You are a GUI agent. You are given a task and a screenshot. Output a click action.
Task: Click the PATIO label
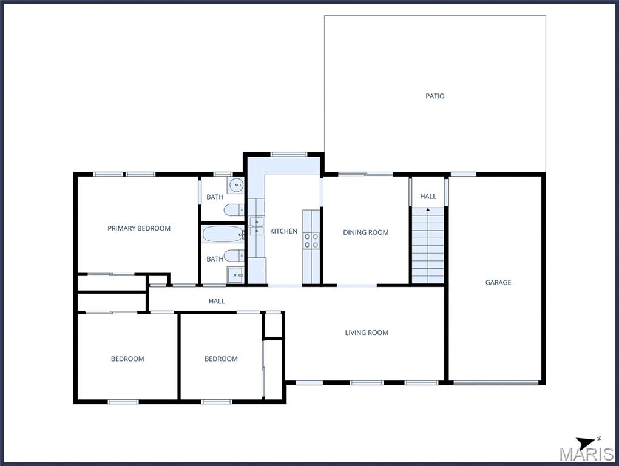[435, 96]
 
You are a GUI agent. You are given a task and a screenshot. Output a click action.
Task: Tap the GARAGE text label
[498, 282]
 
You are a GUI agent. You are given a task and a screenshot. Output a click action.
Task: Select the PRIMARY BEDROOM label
[139, 228]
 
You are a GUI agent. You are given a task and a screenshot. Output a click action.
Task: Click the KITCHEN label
[283, 231]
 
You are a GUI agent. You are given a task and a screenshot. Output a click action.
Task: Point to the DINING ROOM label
[365, 232]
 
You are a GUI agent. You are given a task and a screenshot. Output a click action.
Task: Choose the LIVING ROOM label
[367, 333]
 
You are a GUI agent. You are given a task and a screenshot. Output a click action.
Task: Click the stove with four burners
[311, 241]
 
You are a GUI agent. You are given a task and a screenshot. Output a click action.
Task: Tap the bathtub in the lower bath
[223, 234]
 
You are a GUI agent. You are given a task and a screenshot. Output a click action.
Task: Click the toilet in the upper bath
[234, 210]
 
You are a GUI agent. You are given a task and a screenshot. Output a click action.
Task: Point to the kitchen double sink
[257, 226]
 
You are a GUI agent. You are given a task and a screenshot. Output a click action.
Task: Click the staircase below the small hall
[428, 245]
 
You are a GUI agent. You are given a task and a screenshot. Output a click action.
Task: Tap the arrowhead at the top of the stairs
[428, 209]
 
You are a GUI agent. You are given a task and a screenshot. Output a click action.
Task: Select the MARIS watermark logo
[586, 454]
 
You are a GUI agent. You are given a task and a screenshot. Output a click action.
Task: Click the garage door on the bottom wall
[496, 382]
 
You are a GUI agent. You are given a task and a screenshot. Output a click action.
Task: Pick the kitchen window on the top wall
[289, 154]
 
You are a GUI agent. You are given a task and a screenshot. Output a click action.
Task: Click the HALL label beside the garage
[428, 196]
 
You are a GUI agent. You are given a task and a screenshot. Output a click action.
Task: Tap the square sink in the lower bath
[235, 274]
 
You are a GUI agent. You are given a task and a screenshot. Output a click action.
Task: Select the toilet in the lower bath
[234, 255]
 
